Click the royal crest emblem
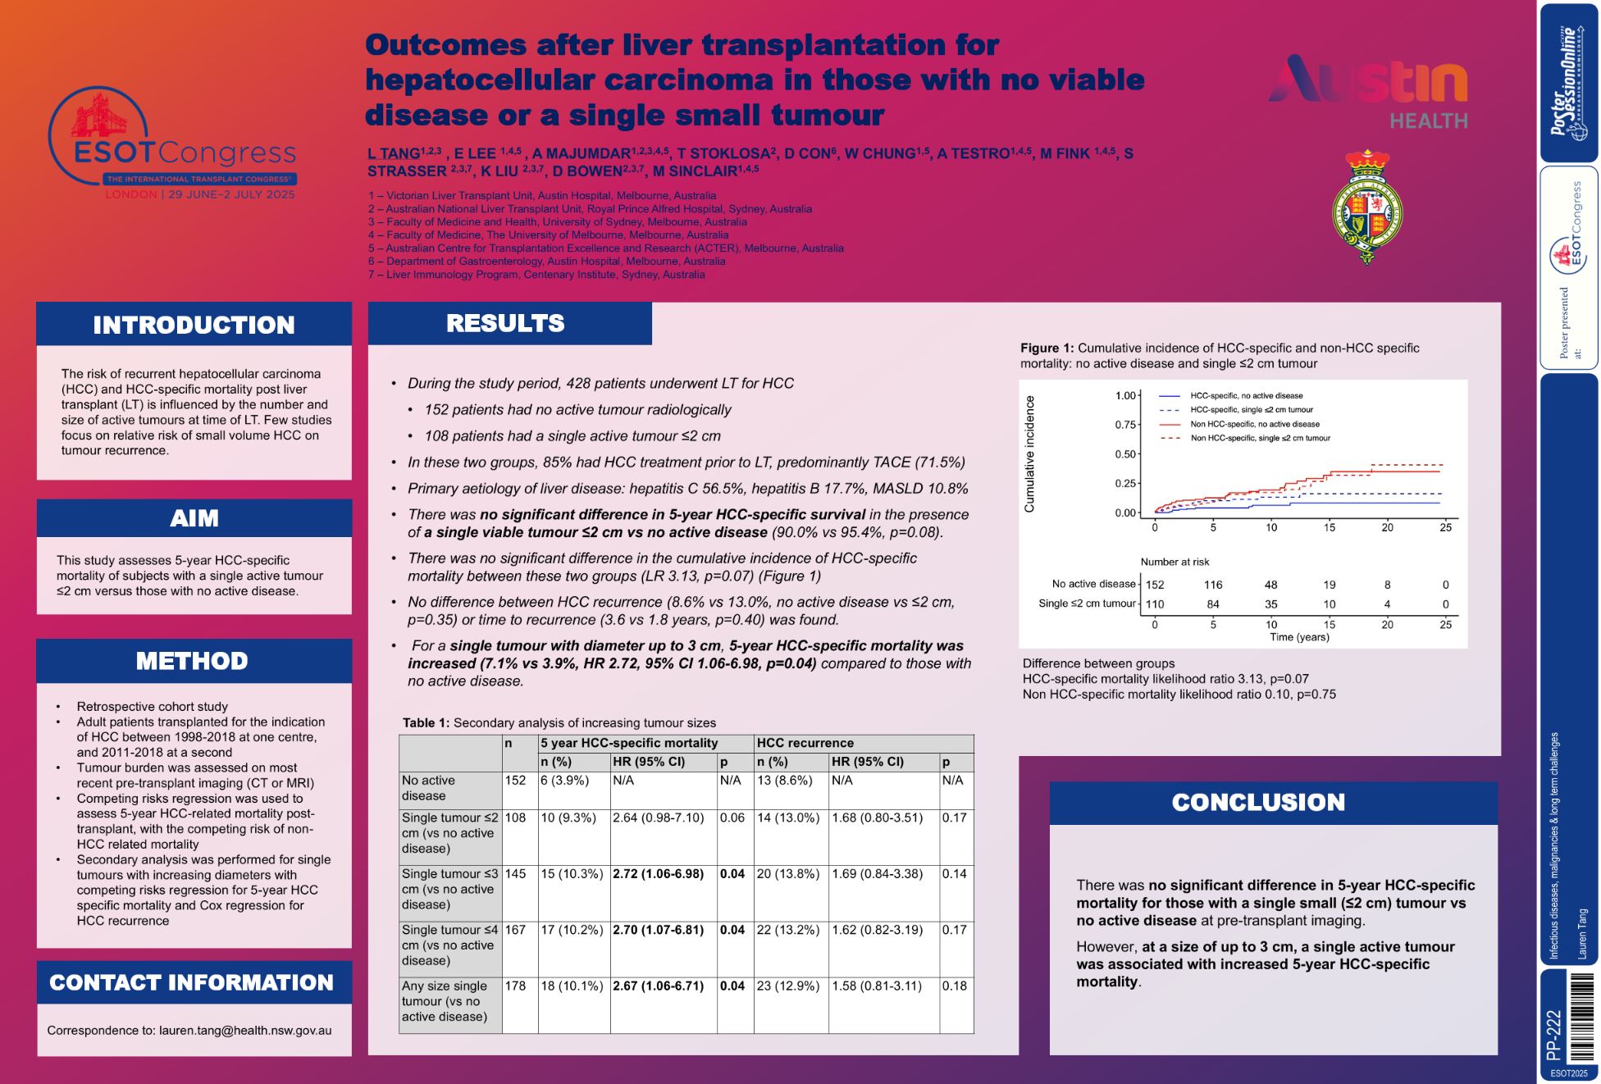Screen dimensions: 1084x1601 coord(1366,207)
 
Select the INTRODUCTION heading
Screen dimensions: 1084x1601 coord(194,325)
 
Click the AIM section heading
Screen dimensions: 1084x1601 coord(194,518)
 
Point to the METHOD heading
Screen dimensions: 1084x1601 coord(192,661)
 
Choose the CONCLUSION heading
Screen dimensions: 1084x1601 coord(1258,802)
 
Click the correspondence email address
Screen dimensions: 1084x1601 coord(245,1030)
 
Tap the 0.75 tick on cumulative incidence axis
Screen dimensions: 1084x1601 coord(1125,425)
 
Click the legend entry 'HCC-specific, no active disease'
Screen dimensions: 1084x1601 coord(1246,396)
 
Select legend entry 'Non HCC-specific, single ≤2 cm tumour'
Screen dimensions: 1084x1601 coord(1260,438)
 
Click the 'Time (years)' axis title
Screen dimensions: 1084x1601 coord(1299,637)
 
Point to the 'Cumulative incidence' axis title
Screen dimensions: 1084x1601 coord(1029,454)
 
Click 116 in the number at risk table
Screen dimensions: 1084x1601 coord(1213,585)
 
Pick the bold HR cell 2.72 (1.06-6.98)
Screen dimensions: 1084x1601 coord(658,874)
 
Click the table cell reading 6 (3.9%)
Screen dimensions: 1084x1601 coord(564,781)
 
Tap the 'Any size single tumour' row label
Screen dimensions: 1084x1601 coord(445,1001)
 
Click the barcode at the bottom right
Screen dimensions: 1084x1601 coord(1582,1017)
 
